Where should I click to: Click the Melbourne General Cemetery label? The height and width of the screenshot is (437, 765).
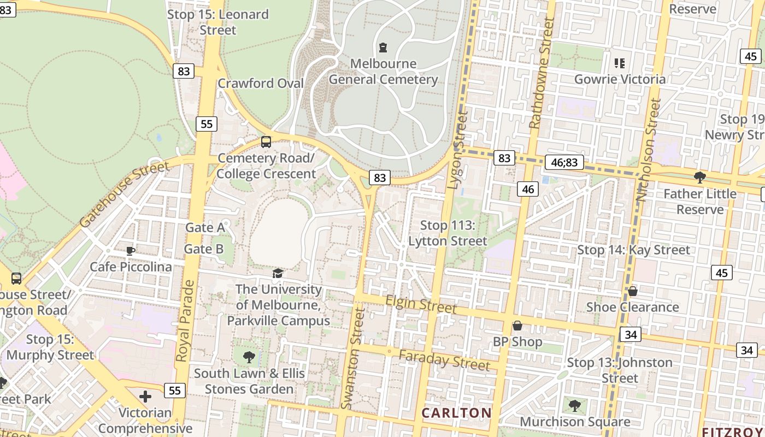click(383, 72)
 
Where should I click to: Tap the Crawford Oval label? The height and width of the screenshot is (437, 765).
click(261, 84)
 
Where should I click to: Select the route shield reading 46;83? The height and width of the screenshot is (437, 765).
click(564, 162)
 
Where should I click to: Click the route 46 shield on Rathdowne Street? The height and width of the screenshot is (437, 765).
click(528, 189)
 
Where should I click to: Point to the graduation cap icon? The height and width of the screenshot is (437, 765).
click(278, 273)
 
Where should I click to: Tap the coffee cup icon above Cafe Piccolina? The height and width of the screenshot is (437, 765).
click(130, 251)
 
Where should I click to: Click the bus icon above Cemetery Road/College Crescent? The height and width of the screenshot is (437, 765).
click(266, 142)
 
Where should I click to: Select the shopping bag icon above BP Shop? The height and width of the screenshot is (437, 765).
click(517, 326)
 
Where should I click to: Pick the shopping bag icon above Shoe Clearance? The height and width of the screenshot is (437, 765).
click(632, 291)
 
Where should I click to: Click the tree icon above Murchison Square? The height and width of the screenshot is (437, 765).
click(574, 405)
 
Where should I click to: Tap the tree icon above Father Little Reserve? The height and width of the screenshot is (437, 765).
click(699, 177)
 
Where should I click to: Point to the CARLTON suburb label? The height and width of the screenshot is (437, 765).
click(456, 412)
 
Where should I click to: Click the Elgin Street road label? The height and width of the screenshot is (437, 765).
click(421, 304)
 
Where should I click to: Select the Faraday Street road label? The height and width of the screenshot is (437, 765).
click(444, 360)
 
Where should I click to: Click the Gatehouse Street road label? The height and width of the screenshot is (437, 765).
click(124, 194)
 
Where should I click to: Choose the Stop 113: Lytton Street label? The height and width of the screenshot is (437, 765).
click(448, 233)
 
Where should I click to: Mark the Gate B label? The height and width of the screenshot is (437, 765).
click(204, 250)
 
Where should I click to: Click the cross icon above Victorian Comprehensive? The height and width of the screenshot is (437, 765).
click(145, 396)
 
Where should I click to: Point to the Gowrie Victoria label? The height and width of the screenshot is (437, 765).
click(620, 79)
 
